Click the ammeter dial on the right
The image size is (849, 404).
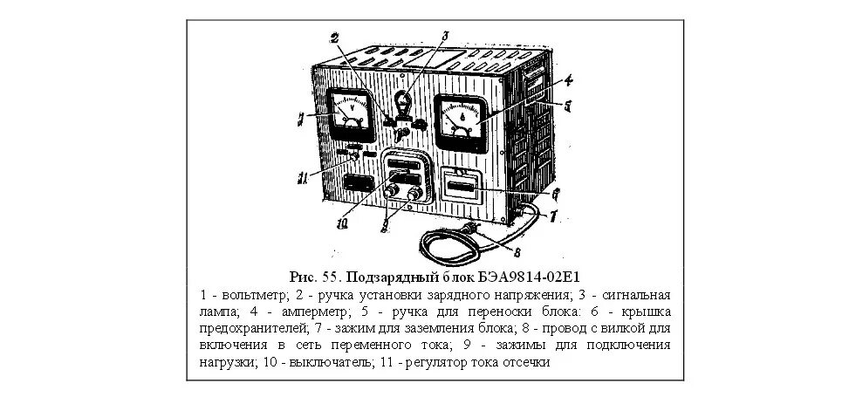[x=459, y=120]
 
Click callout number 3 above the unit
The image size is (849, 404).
[x=444, y=36]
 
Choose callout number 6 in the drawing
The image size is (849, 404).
[x=556, y=193]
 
